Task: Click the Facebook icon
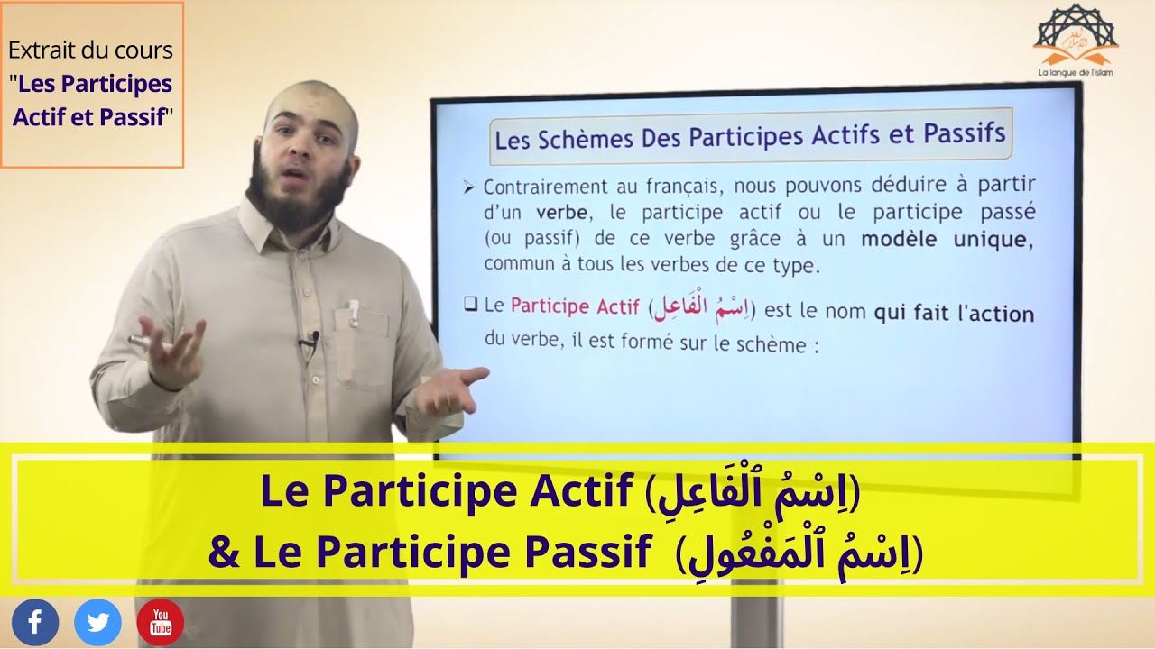point(35,623)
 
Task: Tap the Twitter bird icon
point(97,623)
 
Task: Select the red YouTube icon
point(161,623)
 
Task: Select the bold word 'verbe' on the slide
point(562,214)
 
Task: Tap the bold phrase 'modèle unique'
point(943,239)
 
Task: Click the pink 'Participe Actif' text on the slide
point(575,306)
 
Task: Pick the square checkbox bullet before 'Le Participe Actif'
point(470,305)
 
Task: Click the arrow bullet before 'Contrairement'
point(468,187)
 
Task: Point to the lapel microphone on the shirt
point(312,340)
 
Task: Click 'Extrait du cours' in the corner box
point(90,50)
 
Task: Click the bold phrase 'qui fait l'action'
point(954,313)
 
